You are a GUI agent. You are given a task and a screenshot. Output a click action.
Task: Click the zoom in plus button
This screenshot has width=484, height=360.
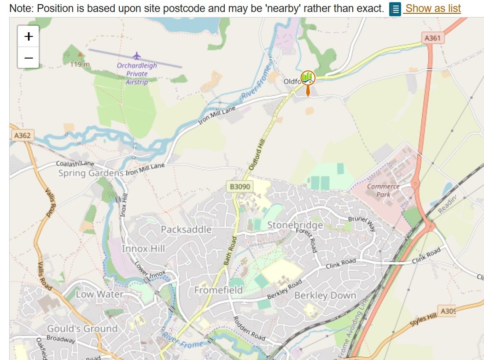click(x=29, y=36)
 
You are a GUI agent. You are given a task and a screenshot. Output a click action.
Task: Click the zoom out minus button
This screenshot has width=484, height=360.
click(x=29, y=58)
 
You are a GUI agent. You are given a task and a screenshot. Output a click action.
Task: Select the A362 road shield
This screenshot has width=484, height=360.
click(x=22, y=136)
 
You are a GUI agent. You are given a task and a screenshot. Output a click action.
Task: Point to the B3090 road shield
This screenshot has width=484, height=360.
click(x=240, y=187)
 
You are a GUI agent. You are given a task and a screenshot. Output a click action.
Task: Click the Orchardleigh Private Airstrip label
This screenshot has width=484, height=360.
click(x=137, y=74)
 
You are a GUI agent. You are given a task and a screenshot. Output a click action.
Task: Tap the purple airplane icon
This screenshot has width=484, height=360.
click(x=136, y=56)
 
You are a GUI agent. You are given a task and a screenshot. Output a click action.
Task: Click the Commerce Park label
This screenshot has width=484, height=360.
click(x=383, y=190)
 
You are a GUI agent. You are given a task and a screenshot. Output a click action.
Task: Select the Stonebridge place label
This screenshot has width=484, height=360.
click(x=295, y=225)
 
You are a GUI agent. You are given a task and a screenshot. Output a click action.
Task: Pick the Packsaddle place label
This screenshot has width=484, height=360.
click(x=186, y=229)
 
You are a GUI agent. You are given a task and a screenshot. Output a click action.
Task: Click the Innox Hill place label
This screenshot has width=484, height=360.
click(x=143, y=248)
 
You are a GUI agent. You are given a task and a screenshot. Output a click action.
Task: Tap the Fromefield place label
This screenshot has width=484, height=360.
click(x=218, y=290)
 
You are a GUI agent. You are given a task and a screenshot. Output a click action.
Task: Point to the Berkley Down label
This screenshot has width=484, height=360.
click(x=325, y=295)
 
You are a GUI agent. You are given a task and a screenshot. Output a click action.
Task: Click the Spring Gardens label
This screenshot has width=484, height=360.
click(x=91, y=173)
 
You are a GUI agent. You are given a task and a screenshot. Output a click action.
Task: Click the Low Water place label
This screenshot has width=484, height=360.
click(x=99, y=294)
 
